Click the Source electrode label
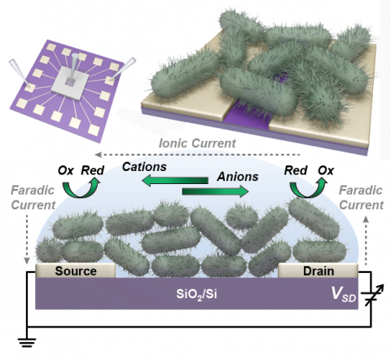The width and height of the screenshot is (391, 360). (76, 271)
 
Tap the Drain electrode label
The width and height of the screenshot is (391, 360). (319, 271)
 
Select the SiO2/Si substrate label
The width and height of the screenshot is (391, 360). (197, 294)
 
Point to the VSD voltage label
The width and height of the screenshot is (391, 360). (344, 294)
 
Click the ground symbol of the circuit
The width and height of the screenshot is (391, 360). (27, 343)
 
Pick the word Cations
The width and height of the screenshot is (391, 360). (144, 167)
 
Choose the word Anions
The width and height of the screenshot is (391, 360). (238, 177)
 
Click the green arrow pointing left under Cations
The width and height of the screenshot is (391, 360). (175, 181)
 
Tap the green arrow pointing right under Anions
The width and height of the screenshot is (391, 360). (215, 191)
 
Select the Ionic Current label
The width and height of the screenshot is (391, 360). (197, 143)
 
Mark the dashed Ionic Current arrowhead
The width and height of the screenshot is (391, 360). (98, 155)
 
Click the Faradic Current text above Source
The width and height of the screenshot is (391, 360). (33, 198)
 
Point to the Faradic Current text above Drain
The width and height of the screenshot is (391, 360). (361, 198)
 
